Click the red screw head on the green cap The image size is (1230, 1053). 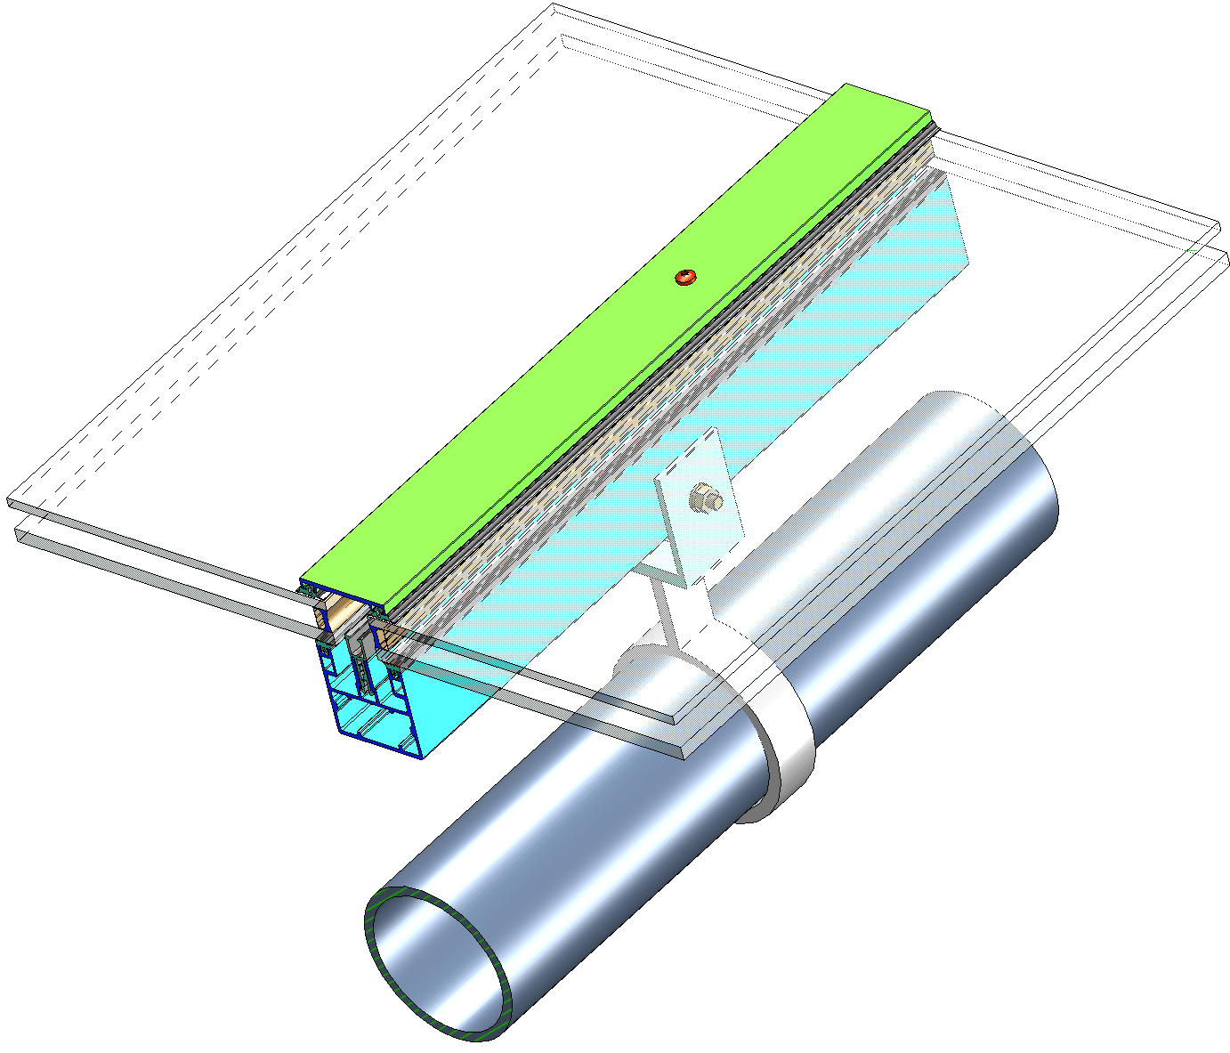tap(684, 277)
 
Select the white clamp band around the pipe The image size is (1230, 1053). tap(788, 748)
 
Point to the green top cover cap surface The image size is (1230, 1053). tap(579, 356)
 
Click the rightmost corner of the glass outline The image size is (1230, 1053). tap(1224, 258)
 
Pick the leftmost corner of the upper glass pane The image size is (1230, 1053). tap(9, 503)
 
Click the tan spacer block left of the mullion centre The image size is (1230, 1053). tap(334, 612)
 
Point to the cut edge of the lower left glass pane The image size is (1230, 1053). tap(160, 579)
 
